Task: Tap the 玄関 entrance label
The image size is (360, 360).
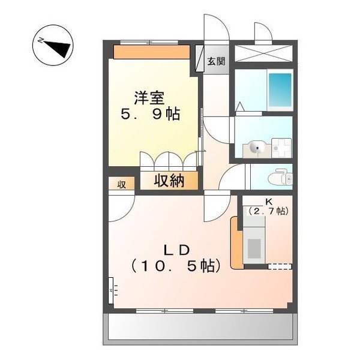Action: click(x=217, y=60)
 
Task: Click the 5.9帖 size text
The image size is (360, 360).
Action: click(x=150, y=114)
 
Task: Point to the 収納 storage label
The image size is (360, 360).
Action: click(x=168, y=181)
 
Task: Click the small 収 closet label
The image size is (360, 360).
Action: click(x=121, y=184)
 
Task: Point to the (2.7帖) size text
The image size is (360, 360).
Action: click(x=268, y=211)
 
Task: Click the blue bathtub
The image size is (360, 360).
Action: click(x=280, y=89)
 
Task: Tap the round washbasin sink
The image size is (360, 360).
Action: click(x=256, y=147)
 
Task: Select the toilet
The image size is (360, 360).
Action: click(x=278, y=178)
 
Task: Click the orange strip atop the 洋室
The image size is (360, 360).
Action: click(x=153, y=52)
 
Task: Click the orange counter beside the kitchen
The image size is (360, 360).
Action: click(x=236, y=242)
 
